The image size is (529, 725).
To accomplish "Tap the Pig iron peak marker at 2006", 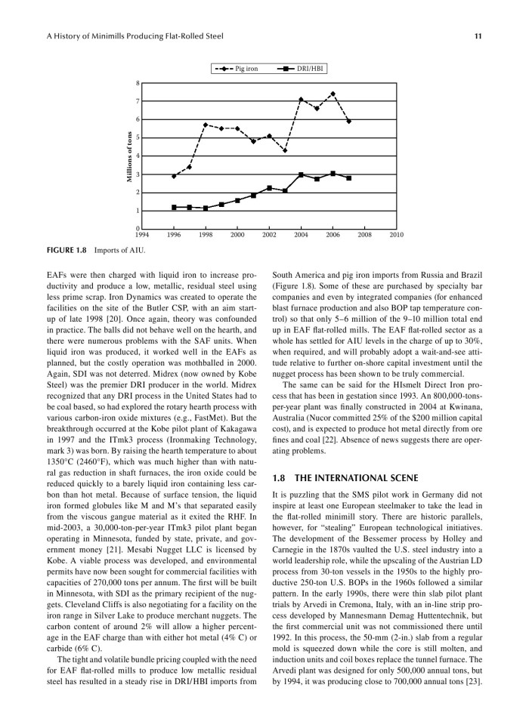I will [333, 94].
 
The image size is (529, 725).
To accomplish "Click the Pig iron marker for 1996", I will [175, 176].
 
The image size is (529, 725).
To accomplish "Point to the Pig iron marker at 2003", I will [285, 150].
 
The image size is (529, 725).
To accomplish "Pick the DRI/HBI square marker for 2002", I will [270, 187].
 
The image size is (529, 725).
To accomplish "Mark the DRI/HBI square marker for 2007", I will [348, 178].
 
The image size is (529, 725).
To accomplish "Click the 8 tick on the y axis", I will [138, 83].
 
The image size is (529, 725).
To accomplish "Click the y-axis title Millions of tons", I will [129, 156].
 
